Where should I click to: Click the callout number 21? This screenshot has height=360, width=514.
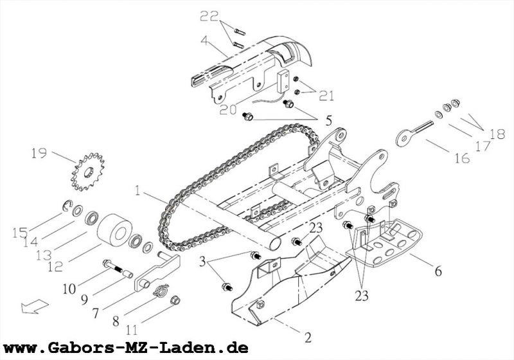tap(327, 97)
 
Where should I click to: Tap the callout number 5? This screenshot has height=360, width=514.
tap(328, 120)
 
